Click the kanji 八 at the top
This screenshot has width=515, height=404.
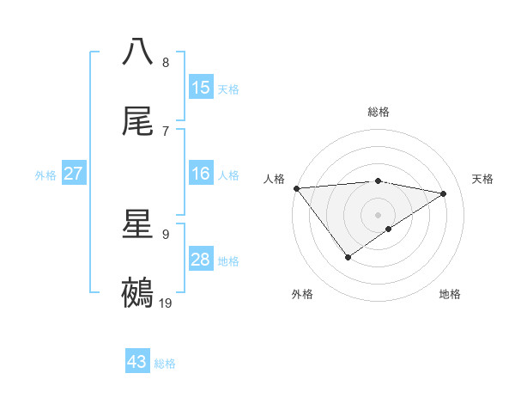click(138, 51)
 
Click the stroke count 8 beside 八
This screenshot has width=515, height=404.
click(166, 63)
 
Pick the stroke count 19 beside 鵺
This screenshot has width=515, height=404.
click(167, 303)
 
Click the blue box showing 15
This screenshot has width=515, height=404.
click(201, 87)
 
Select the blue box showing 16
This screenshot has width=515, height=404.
click(201, 174)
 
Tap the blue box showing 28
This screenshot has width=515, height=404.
click(201, 260)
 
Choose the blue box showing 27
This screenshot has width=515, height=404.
click(73, 174)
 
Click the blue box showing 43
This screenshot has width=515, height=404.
click(137, 362)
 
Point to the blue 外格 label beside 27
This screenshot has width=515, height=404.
click(45, 175)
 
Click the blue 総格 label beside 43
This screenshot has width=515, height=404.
click(165, 364)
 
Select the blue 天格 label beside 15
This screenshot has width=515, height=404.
click(228, 89)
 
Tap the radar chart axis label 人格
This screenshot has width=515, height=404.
click(274, 178)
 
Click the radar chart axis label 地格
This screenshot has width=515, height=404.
click(450, 294)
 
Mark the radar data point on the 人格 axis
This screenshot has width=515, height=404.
click(296, 187)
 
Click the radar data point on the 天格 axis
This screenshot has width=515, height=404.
click(444, 193)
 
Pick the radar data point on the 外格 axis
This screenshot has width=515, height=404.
click(348, 257)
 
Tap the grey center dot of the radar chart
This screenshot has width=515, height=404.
click(378, 214)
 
